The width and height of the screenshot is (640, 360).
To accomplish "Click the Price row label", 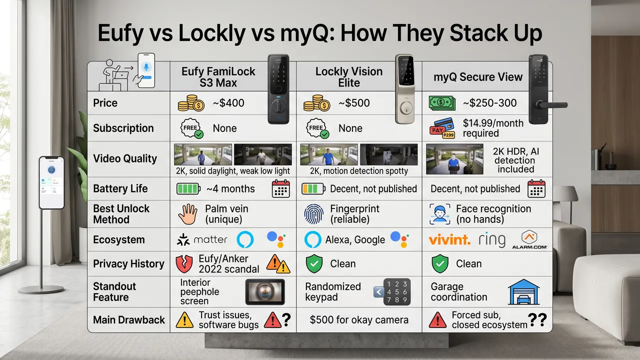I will pyautogui.click(x=105, y=103).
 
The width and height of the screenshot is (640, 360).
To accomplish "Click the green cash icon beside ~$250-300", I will pyautogui.click(x=441, y=103).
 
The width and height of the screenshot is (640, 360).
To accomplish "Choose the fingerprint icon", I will pyautogui.click(x=313, y=214).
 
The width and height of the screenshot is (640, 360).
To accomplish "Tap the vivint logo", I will pyautogui.click(x=449, y=240).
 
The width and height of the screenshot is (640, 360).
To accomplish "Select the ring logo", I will pyautogui.click(x=491, y=240).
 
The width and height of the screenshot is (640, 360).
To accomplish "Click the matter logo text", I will pyautogui.click(x=210, y=240).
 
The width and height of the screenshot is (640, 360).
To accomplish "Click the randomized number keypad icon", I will pyautogui.click(x=396, y=292).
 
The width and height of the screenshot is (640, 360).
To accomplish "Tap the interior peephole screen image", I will pyautogui.click(x=264, y=292).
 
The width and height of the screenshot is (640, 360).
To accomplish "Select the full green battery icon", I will pyautogui.click(x=188, y=189).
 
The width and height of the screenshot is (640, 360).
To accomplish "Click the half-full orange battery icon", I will pyautogui.click(x=313, y=189).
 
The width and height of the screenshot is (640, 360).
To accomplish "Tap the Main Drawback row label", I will pyautogui.click(x=128, y=320).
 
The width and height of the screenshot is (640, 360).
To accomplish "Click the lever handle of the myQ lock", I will pyautogui.click(x=554, y=105).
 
